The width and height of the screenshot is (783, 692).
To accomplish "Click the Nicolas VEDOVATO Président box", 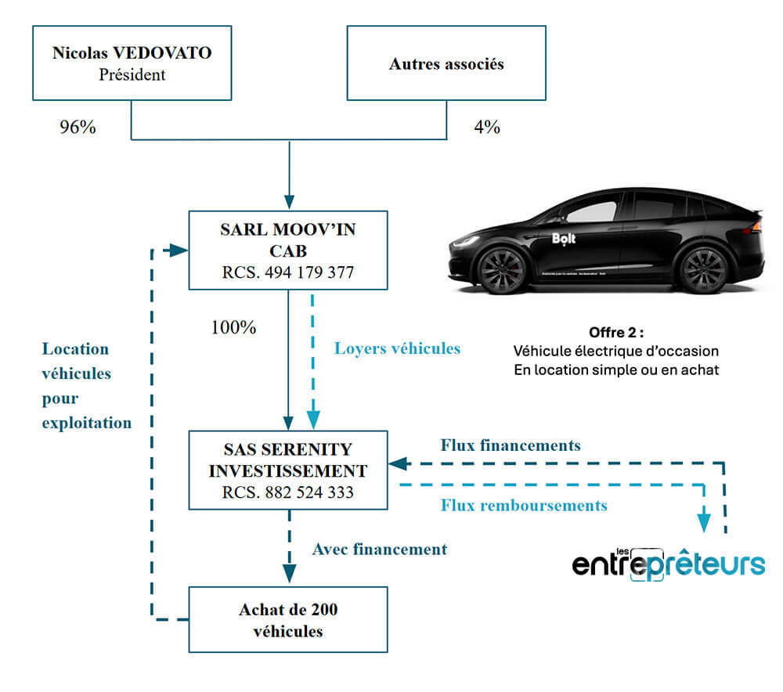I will tap(132, 64).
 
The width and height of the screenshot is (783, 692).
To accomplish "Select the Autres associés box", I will tap(446, 64).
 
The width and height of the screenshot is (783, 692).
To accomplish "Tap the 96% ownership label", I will tap(78, 127).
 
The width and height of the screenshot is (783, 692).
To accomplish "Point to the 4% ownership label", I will tap(486, 127).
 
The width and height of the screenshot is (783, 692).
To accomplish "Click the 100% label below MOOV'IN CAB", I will tap(233, 327).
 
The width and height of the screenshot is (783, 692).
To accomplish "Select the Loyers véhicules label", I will tap(397, 348).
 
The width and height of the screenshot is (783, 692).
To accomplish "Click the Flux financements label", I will tap(511, 445).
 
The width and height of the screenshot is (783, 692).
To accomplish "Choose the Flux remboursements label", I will tap(524, 506).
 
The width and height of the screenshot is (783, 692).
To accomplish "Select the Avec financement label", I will tap(380, 549).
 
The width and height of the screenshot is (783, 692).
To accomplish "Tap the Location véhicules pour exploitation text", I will tap(86, 385).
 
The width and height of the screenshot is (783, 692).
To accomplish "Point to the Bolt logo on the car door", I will tap(563, 239).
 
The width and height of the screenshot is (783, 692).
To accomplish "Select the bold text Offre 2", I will tap(615, 331).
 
